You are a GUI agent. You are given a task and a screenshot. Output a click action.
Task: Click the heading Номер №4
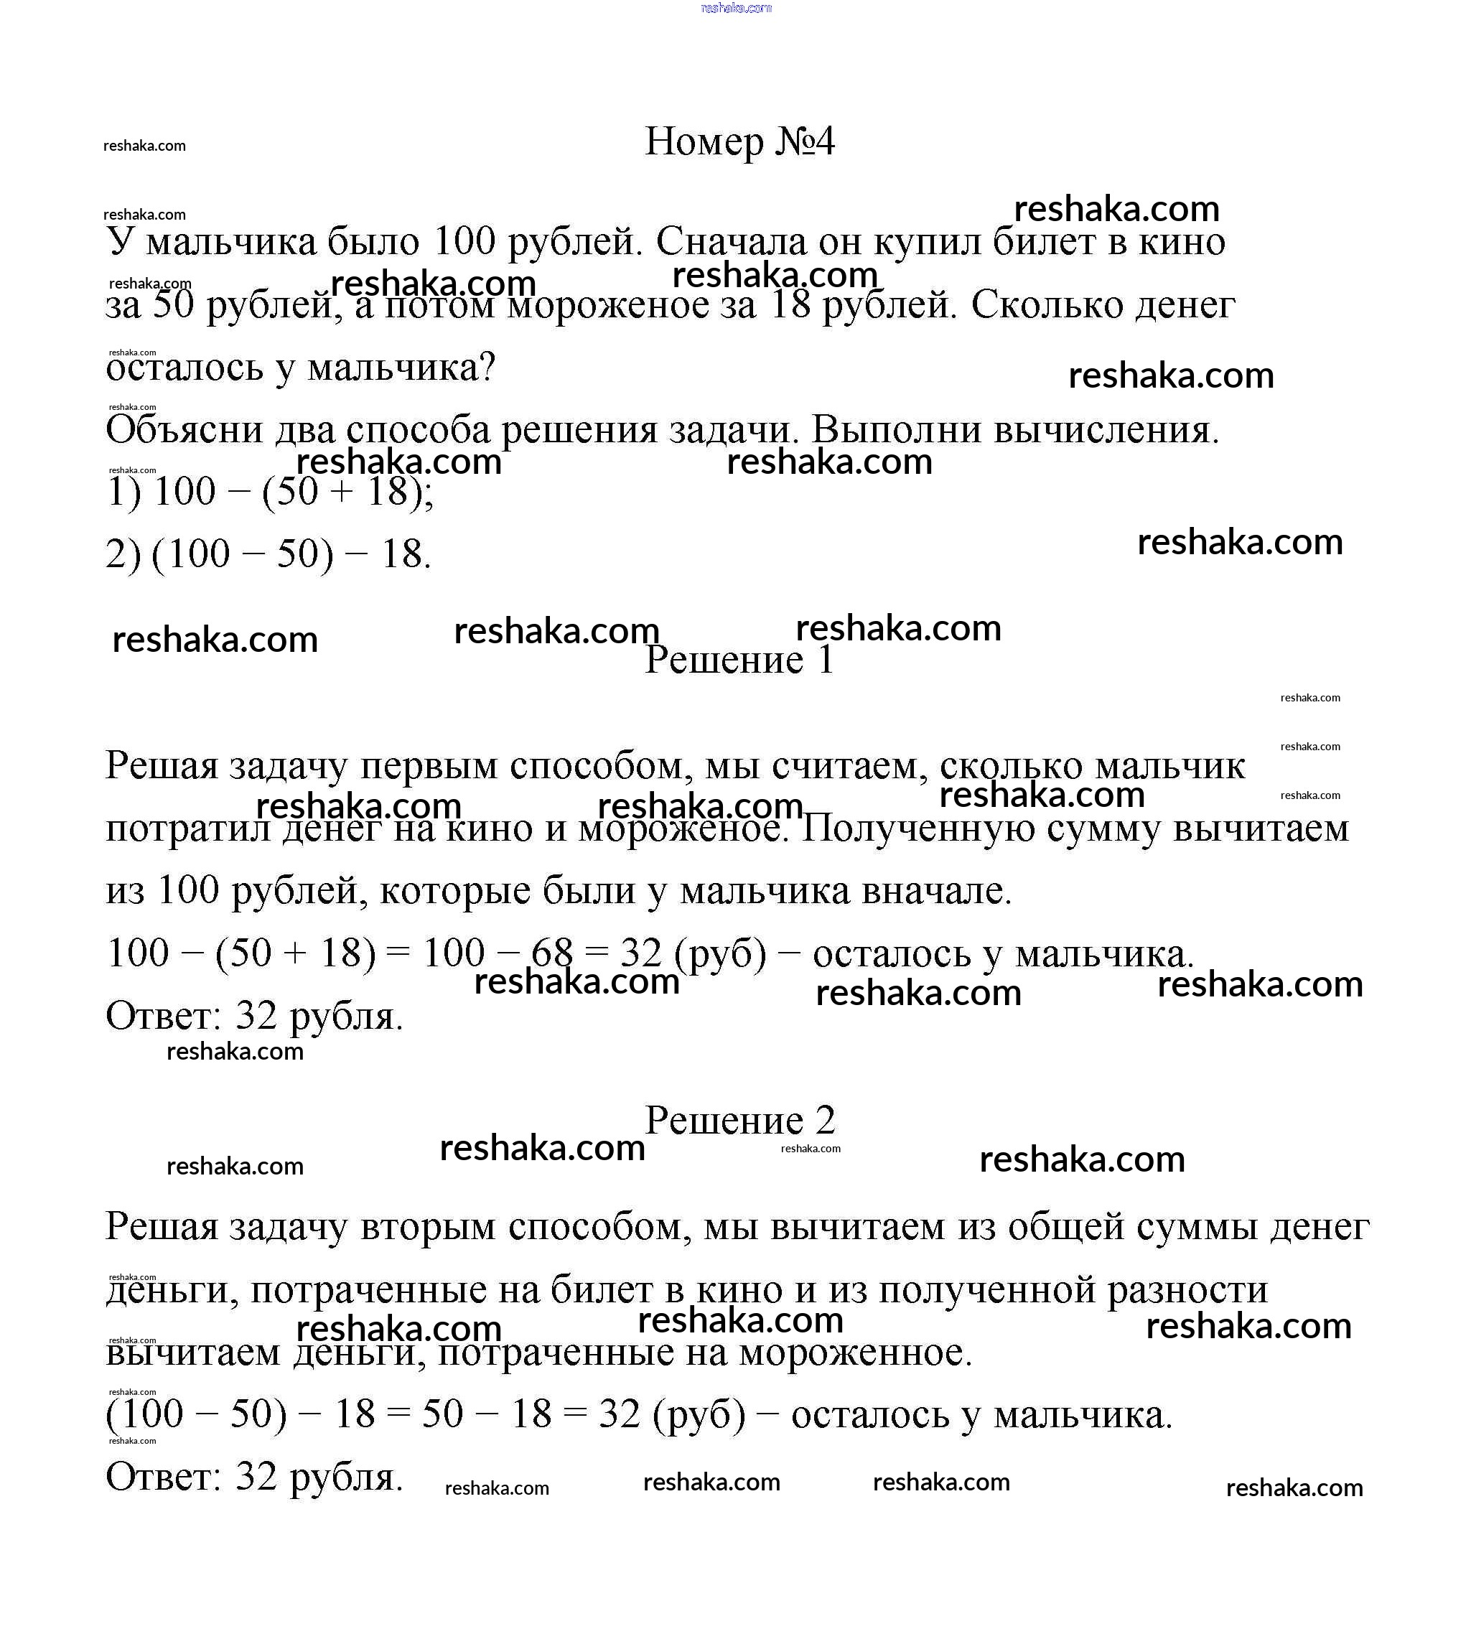(x=739, y=142)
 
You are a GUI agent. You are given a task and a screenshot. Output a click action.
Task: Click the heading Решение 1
(x=739, y=660)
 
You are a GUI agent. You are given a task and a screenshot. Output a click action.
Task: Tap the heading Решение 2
(x=739, y=1120)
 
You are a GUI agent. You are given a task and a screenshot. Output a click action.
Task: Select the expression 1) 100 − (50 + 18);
(x=269, y=491)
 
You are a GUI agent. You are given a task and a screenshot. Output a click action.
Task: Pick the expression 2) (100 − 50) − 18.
(x=268, y=554)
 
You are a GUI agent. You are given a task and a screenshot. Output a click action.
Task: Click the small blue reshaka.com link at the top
(x=737, y=8)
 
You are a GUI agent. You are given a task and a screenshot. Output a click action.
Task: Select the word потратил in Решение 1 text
(x=187, y=828)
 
